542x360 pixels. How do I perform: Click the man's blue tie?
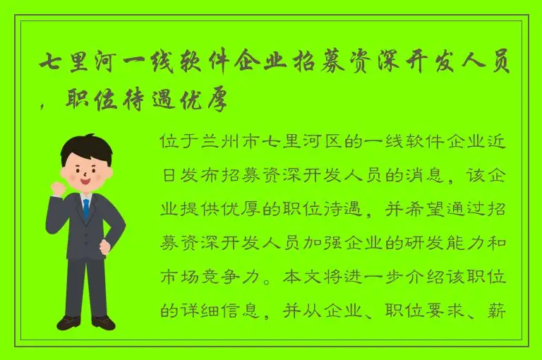point(86,209)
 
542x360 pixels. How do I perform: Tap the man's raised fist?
point(56,187)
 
